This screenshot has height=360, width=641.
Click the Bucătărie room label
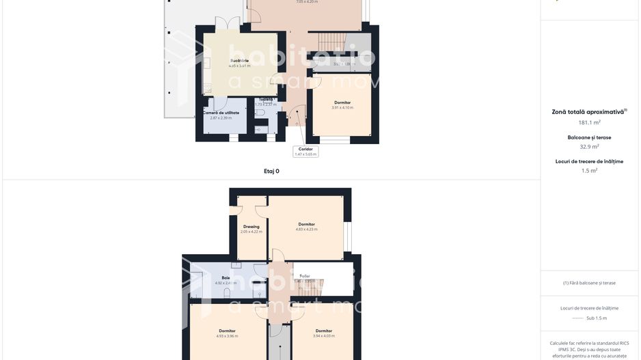click(239, 61)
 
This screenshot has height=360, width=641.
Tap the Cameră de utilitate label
click(221, 113)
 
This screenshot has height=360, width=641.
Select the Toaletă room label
click(266, 100)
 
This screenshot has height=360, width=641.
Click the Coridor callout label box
click(305, 151)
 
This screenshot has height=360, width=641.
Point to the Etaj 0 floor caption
click(271, 171)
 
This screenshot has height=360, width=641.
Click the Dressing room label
click(251, 227)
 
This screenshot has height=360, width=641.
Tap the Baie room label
click(226, 278)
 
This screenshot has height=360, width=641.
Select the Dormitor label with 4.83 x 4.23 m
click(306, 224)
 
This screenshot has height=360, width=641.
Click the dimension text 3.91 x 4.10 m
click(342, 108)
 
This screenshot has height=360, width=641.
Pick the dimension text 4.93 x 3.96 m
click(227, 336)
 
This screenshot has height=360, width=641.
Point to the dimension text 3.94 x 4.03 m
click(323, 336)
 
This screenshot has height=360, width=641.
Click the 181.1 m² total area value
click(589, 122)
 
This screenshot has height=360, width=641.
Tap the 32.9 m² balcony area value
click(589, 146)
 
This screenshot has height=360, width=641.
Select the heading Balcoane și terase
click(589, 137)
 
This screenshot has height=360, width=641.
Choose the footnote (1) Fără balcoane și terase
click(589, 283)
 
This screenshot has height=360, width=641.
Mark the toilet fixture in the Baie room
click(228, 293)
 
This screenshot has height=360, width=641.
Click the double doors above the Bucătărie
click(227, 25)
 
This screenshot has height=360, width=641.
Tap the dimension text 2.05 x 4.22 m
click(251, 232)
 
